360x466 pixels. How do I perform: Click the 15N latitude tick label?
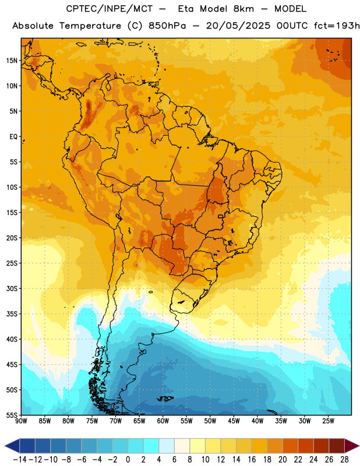pos(12,61)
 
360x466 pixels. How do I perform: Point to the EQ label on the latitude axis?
pos(13,137)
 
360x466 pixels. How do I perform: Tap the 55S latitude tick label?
pos(12,415)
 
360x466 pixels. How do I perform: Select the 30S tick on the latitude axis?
pos(12,288)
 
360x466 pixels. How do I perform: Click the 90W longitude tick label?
pos(21,421)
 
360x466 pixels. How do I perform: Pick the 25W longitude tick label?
pos(328,421)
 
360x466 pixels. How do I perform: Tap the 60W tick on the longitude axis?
pos(163,421)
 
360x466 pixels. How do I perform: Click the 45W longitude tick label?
pos(234,421)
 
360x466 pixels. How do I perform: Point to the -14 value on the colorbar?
pos(20,460)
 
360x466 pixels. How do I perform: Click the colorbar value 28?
pos(344,460)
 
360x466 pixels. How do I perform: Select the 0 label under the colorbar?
pos(128,460)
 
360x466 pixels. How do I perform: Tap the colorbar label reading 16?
pos(252,460)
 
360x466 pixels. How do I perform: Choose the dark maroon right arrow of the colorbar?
pos(352,446)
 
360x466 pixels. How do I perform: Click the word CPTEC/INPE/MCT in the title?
pos(109,9)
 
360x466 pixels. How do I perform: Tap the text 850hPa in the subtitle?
pos(167,26)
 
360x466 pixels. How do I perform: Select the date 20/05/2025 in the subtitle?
pos(238,26)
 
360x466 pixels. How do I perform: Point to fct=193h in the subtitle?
pos(337,26)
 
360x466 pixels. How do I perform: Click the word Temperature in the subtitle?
pos(90,26)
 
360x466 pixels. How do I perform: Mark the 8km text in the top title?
pos(243,9)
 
